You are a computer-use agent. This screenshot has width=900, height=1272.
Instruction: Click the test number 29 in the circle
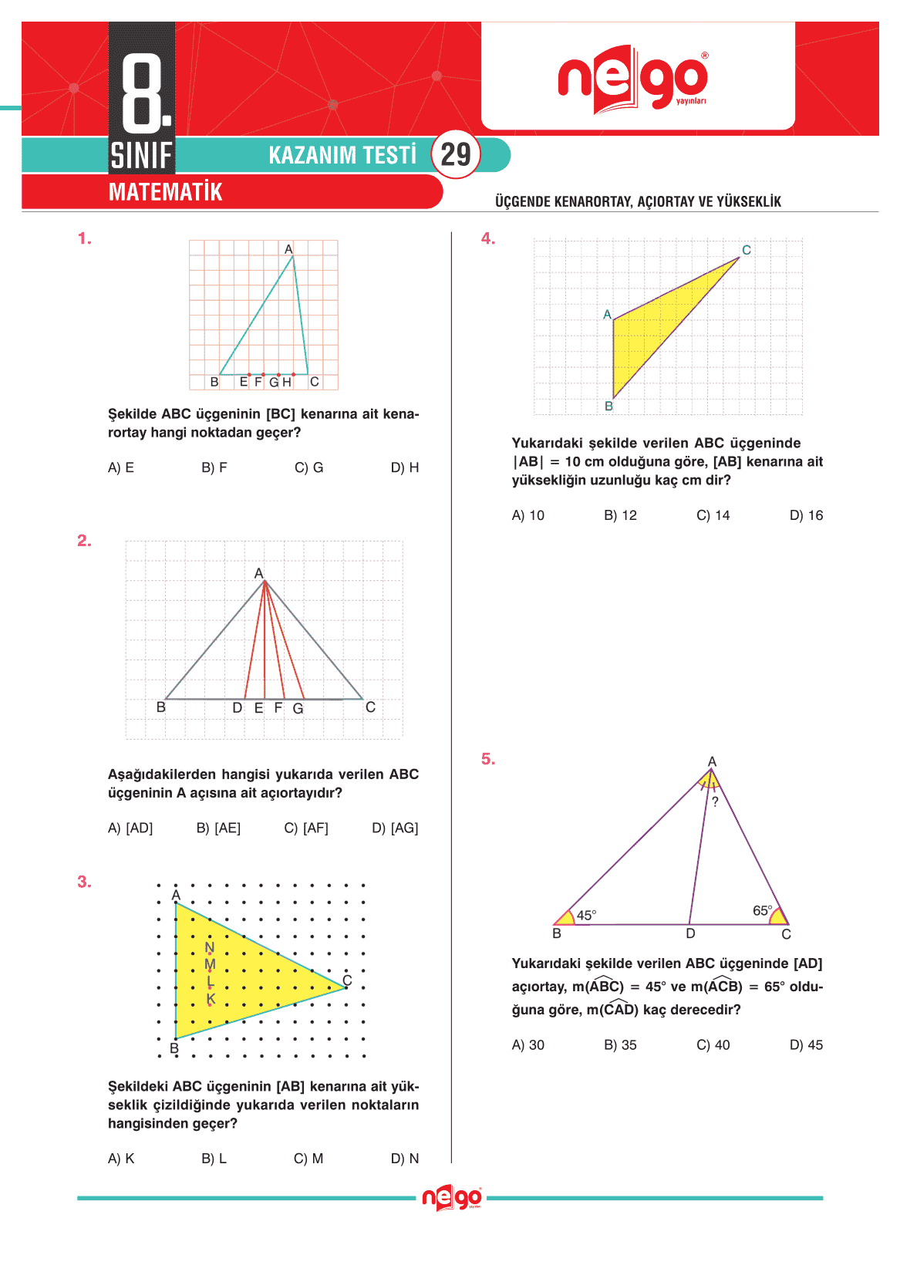(456, 155)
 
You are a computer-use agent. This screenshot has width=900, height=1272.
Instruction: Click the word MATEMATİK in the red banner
(165, 192)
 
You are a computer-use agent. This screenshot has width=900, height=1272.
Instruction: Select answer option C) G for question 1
(308, 467)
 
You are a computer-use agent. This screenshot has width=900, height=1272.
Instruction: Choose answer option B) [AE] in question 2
(218, 828)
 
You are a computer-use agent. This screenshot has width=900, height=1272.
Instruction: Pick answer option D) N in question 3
(405, 1159)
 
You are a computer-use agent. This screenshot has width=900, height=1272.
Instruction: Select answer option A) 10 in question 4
(528, 515)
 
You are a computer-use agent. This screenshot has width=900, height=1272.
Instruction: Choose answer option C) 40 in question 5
(713, 1045)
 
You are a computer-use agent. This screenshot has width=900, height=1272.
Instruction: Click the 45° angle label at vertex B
(586, 916)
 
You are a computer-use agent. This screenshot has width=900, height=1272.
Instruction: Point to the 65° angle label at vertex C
(762, 911)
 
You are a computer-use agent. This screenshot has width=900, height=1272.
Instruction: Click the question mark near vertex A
(715, 802)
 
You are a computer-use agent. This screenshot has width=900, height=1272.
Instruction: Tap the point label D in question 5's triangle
(690, 934)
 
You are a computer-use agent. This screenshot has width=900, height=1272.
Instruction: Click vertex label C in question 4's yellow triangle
(746, 250)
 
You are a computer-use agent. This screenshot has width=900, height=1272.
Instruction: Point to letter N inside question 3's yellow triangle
(210, 947)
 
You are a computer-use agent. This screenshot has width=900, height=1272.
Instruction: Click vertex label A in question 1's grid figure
(288, 249)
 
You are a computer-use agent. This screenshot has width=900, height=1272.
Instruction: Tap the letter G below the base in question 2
(298, 708)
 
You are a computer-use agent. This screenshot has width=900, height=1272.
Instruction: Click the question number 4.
(487, 238)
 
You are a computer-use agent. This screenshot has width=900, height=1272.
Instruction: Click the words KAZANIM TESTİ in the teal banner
(342, 155)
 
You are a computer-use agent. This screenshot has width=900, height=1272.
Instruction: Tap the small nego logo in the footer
(452, 1198)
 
